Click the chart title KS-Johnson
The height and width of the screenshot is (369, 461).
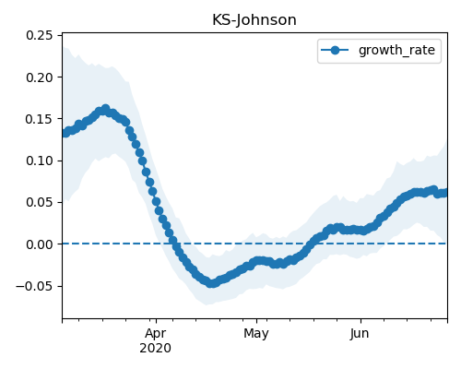pos(254,20)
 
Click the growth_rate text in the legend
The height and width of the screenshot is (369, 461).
pos(396,50)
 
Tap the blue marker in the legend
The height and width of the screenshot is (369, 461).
pos(335,50)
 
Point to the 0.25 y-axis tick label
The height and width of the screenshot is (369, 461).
pos(40,35)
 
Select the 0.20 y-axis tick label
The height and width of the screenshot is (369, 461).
pos(40,77)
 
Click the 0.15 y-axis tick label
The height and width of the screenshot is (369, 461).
pos(40,119)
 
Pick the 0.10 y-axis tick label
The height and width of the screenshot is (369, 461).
pos(40,161)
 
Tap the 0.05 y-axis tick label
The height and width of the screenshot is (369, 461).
pos(40,202)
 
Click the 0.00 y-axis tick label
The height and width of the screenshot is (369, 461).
pos(40,244)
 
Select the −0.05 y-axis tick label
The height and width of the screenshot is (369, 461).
pos(34,286)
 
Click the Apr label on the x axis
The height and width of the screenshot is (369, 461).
pos(156,333)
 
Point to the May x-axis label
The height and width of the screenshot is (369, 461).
pos(256,334)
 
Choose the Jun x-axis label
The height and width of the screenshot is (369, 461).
pos(360,333)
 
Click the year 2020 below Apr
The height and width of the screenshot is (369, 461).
pos(155,348)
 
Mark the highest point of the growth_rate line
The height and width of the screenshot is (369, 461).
pos(106,109)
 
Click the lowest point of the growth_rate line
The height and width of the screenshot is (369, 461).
pos(211,283)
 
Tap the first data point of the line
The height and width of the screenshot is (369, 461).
pos(65,133)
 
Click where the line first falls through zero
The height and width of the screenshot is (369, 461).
pos(174,244)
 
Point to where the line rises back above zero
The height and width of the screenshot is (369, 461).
pos(309,244)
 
